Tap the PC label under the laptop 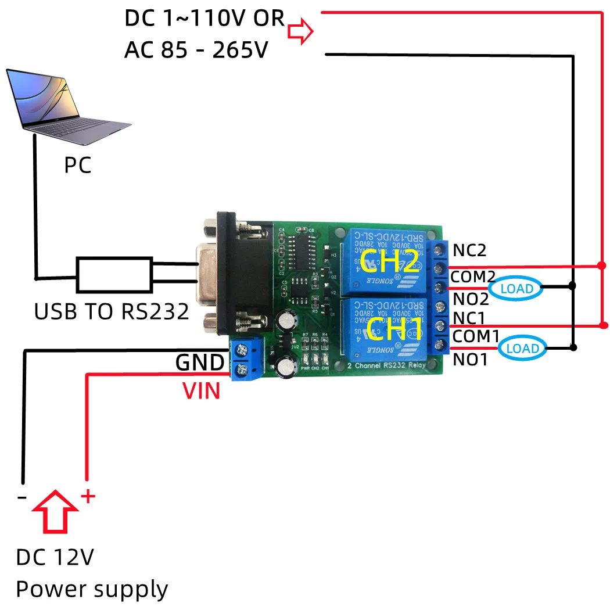click(78, 166)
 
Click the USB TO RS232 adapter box click(114, 275)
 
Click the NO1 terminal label click(471, 360)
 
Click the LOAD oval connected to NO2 click(516, 288)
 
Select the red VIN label click(202, 391)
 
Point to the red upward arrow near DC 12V click(55, 510)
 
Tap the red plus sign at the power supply click(87, 496)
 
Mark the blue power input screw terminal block click(247, 360)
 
